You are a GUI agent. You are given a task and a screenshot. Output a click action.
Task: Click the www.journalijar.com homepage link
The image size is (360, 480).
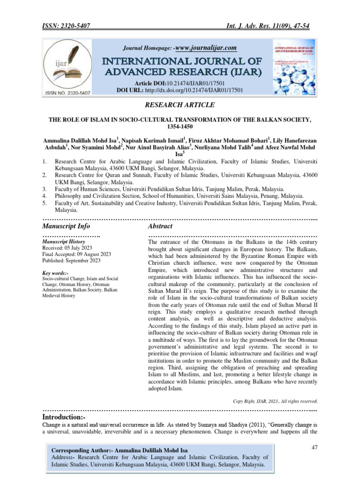tap(205, 48)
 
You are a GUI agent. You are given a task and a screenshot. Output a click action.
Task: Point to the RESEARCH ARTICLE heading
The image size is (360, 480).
tap(180, 105)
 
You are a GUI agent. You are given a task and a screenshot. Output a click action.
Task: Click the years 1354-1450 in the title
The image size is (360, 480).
tap(180, 127)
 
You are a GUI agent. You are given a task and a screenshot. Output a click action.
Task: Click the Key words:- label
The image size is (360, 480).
tap(55, 273)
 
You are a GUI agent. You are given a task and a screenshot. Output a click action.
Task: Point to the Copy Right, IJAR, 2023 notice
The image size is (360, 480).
tap(275, 401)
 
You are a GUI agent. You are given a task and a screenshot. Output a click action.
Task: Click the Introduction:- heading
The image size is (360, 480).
tap(64, 416)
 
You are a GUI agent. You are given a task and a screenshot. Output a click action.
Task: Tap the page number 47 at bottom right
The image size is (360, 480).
tap(315, 448)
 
